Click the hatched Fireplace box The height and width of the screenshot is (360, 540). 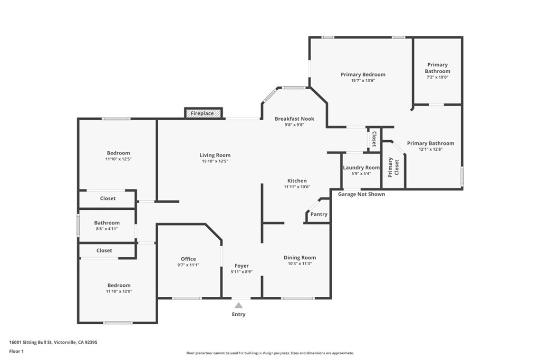(x=204, y=113)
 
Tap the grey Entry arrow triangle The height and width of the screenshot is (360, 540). (x=239, y=305)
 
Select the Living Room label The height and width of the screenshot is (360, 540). (x=215, y=155)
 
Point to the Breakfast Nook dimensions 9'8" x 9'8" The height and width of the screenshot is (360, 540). (x=294, y=125)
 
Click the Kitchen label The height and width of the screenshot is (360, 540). (x=297, y=181)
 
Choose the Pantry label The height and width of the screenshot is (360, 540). (x=319, y=214)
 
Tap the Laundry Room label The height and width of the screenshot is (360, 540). (x=361, y=168)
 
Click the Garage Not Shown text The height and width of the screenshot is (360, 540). (x=361, y=194)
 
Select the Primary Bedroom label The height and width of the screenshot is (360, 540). (x=363, y=74)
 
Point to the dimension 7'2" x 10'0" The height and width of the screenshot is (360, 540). (x=437, y=77)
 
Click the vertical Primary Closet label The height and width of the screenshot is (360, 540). (x=393, y=168)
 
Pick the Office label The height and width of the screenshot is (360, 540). (x=188, y=259)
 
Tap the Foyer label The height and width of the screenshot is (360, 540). (x=242, y=266)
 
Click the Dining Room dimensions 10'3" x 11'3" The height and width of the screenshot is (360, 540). (x=300, y=264)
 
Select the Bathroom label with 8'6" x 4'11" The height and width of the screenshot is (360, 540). (x=107, y=222)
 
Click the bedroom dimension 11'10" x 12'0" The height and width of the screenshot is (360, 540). (x=119, y=291)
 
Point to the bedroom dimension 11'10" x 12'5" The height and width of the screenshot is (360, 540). (x=119, y=159)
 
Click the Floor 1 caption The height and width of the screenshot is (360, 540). (x=16, y=352)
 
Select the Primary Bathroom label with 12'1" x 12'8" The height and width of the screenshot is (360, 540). (x=430, y=143)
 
